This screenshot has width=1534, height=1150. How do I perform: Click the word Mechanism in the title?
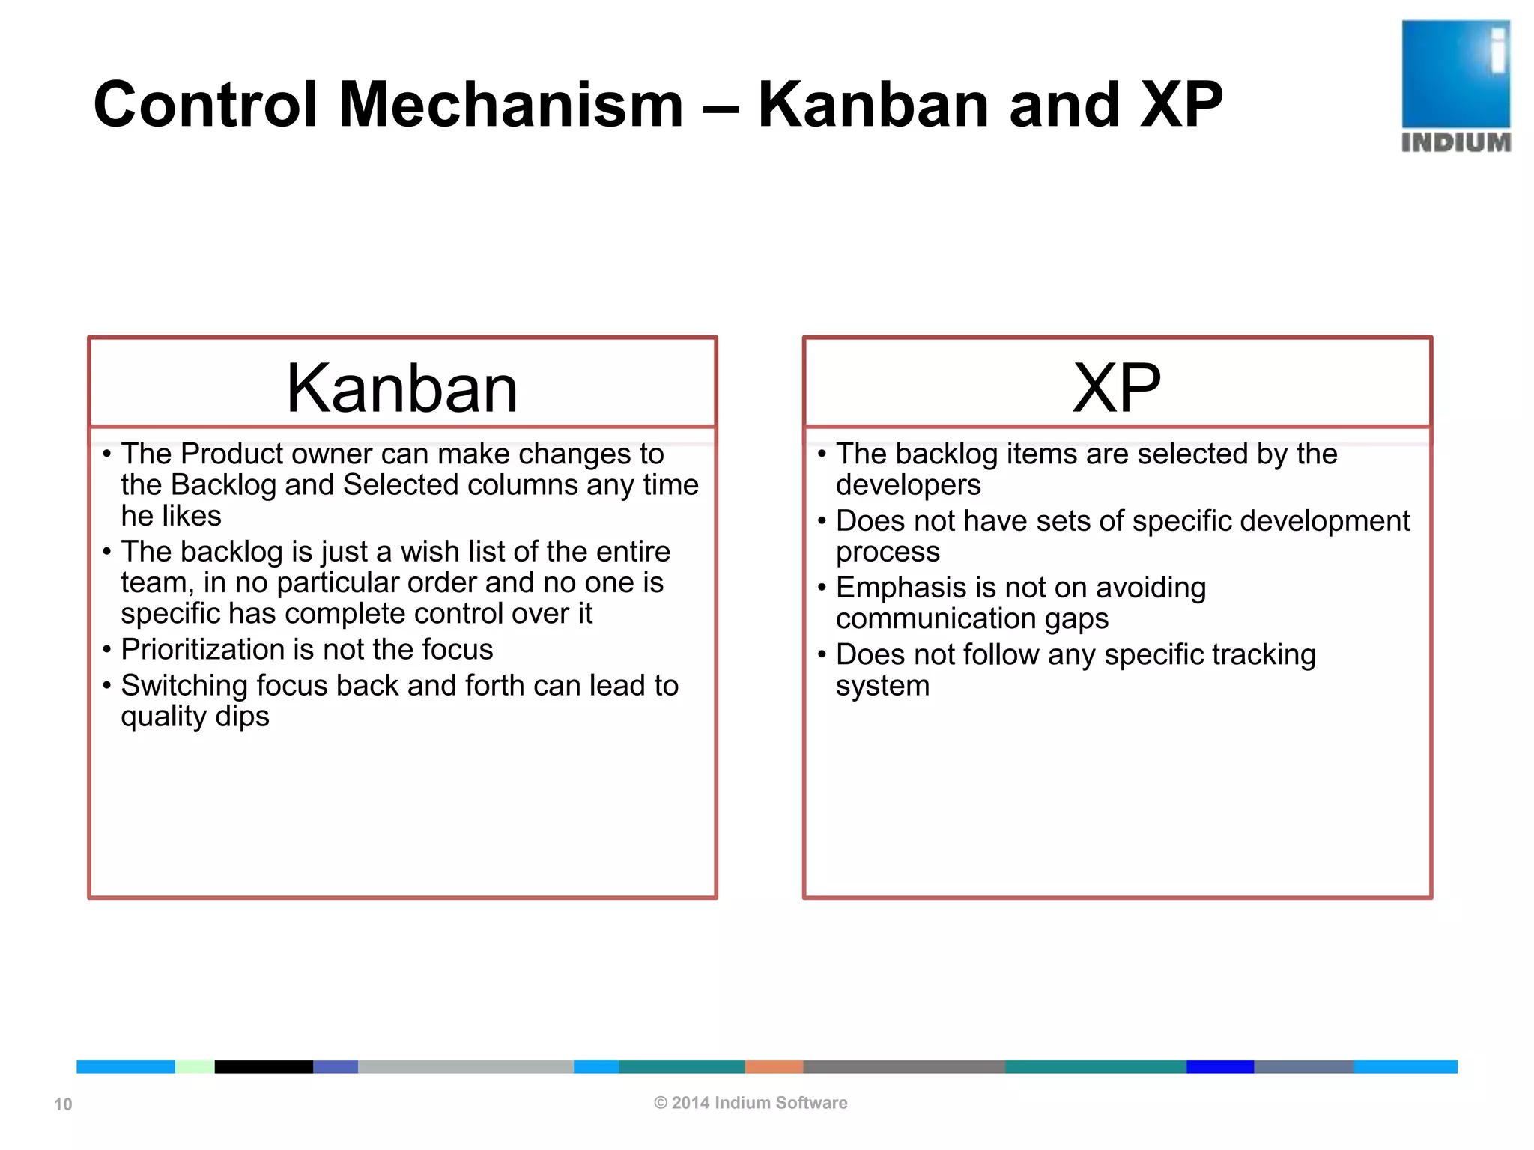[x=511, y=105]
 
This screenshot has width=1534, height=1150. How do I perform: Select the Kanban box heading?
[x=402, y=388]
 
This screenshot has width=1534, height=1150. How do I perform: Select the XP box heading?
[x=1116, y=388]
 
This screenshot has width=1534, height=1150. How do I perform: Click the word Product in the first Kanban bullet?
[x=231, y=454]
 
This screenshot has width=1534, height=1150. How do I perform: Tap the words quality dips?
[x=195, y=717]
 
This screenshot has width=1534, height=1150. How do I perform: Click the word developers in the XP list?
[x=908, y=485]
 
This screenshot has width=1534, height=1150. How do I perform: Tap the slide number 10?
[x=63, y=1104]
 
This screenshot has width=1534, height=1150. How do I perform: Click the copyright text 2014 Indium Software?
[x=751, y=1102]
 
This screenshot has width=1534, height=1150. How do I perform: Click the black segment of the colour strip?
[x=264, y=1066]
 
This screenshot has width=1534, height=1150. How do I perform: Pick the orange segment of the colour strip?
[x=774, y=1066]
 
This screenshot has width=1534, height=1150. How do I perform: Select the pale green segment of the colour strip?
[x=195, y=1066]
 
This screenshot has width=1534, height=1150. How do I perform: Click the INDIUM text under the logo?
[x=1455, y=142]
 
